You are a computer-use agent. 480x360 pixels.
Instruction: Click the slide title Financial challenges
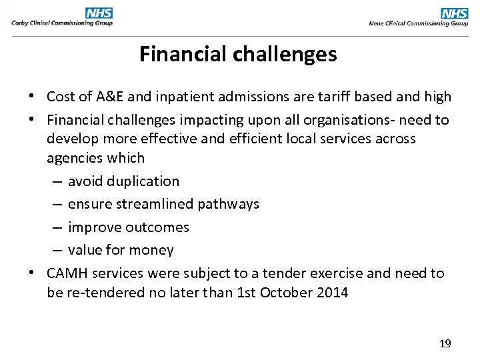[x=238, y=54]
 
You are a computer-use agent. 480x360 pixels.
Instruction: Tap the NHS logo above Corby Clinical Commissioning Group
[x=99, y=13]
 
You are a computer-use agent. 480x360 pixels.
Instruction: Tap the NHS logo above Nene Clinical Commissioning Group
[x=455, y=13]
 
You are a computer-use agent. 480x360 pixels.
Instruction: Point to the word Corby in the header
[x=21, y=23]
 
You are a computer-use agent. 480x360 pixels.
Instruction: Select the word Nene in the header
[x=377, y=23]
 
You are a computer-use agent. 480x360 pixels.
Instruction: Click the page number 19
[x=445, y=343]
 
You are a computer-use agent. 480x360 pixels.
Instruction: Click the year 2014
[x=331, y=292]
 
